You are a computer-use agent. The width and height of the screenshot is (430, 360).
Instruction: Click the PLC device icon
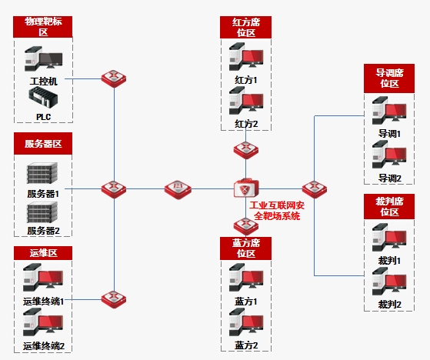43,97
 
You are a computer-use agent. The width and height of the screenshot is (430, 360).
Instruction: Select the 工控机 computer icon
43,58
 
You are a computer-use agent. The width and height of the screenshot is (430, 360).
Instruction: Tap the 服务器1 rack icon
42,173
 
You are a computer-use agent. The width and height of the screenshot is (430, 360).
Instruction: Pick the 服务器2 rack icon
42,212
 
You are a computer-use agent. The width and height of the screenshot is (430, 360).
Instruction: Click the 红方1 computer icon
246,56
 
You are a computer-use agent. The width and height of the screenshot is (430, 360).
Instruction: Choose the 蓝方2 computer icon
246,322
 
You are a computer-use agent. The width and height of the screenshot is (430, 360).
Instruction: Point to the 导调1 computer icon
389,111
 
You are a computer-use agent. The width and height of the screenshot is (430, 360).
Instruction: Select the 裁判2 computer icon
389,282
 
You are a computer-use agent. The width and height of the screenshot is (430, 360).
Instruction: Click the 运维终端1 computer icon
43,278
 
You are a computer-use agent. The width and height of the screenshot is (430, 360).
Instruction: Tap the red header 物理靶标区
43,27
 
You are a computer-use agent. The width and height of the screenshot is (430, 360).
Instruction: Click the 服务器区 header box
43,144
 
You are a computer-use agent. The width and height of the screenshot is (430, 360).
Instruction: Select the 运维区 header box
43,253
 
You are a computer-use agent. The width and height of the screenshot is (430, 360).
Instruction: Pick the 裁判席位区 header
389,206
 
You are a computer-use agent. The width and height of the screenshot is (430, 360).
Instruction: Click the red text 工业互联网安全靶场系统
277,211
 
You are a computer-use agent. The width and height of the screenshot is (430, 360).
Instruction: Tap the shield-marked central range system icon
246,188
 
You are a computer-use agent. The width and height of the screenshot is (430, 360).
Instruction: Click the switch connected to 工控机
114,78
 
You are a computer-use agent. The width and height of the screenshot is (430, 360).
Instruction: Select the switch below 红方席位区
246,150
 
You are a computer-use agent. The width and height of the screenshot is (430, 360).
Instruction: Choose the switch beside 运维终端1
114,299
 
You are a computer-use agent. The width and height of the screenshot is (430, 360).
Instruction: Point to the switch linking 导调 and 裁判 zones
315,189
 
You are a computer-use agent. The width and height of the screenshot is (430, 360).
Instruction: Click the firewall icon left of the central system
178,189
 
